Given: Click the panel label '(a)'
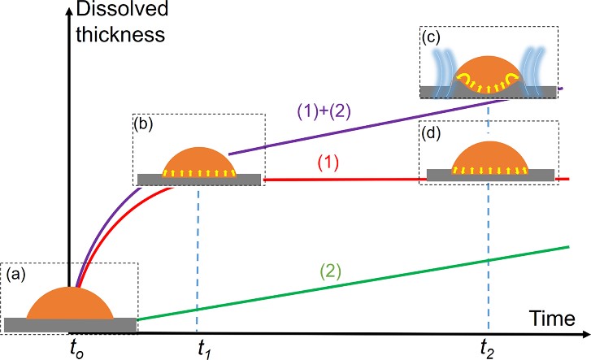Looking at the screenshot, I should (15, 275).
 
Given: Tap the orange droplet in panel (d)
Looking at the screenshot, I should (488, 158).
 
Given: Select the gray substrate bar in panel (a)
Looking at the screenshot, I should (69, 325).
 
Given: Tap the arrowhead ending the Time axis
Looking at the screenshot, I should (584, 333).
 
